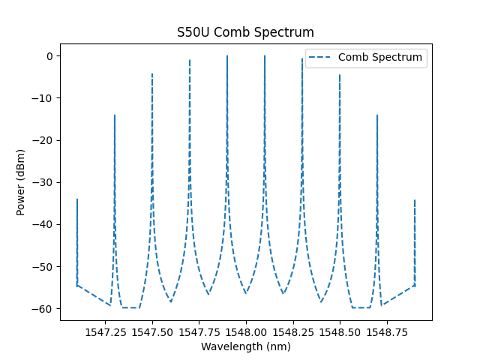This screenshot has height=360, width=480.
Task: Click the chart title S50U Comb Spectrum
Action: [x=245, y=32]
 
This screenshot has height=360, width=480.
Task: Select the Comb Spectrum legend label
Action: [x=380, y=57]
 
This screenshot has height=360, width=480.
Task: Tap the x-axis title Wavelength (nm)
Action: [x=245, y=346]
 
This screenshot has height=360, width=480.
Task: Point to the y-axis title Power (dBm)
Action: [x=21, y=182]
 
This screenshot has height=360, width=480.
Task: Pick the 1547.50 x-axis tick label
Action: [x=152, y=331]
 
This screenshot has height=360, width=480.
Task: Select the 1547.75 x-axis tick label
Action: [x=199, y=331]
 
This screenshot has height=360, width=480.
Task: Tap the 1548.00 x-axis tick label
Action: [x=246, y=331]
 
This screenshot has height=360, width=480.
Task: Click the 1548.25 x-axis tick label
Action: [x=292, y=331]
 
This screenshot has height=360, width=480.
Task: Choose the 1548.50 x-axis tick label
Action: [x=340, y=331]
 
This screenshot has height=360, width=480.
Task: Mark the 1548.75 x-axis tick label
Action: [x=386, y=331]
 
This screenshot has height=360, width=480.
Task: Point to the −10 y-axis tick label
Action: [x=46, y=98]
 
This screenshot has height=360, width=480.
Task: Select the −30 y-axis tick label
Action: [x=46, y=182]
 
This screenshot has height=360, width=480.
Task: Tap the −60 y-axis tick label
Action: [x=46, y=308]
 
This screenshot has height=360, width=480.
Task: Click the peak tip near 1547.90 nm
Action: [x=227, y=56]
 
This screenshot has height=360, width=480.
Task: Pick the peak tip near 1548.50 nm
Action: [x=340, y=75]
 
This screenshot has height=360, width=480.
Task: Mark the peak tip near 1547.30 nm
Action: [x=115, y=115]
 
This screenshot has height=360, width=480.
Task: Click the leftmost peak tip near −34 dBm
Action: [x=77, y=199]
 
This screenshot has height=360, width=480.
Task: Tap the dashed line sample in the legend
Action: [x=322, y=57]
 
